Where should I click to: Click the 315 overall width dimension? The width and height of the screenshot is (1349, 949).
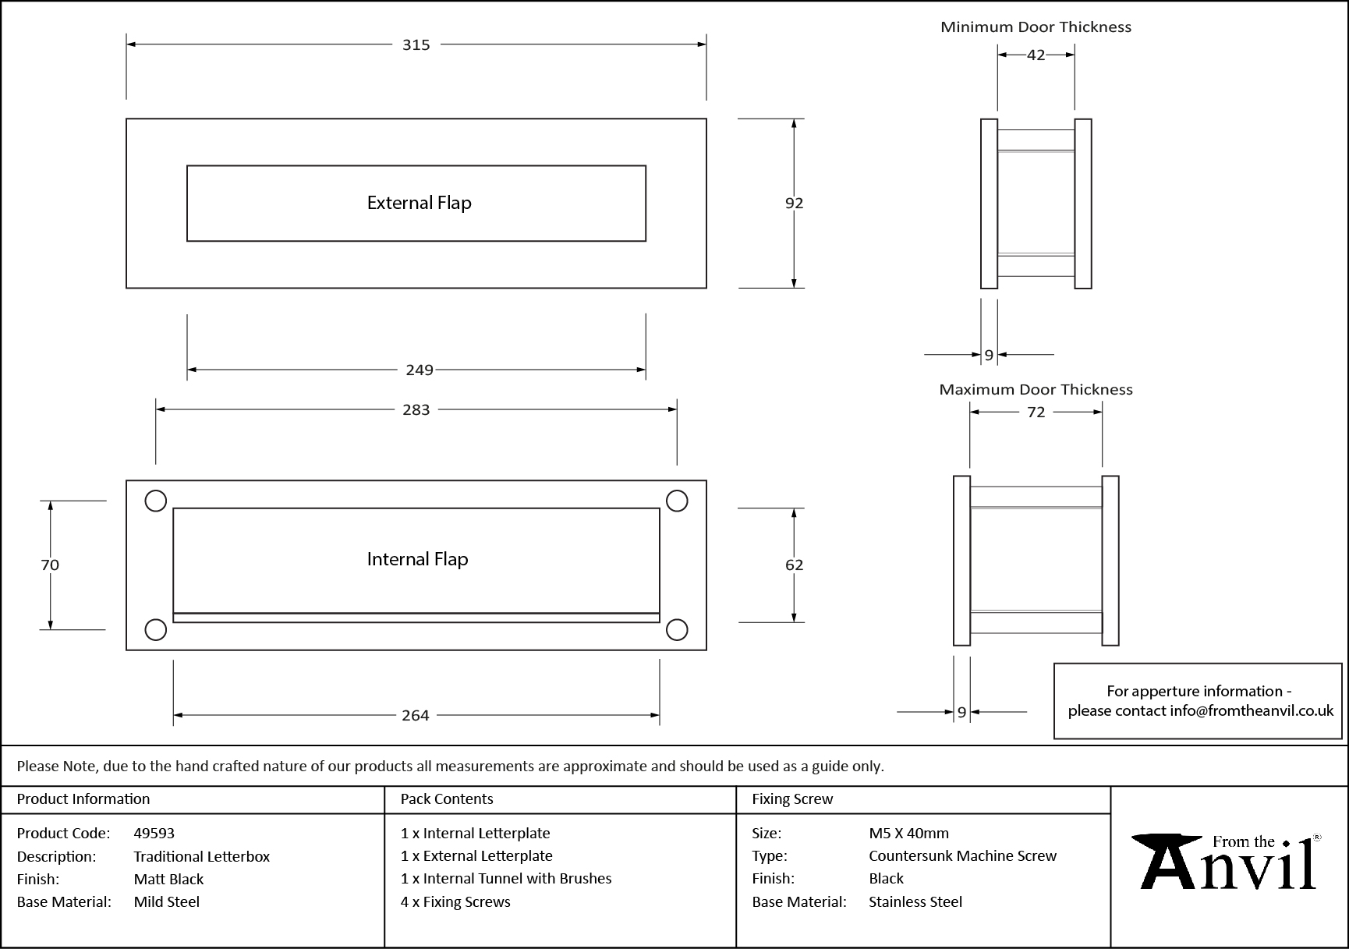click(x=416, y=45)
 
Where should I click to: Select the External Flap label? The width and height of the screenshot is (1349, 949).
click(x=419, y=203)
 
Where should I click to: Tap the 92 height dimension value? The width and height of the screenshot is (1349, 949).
click(x=794, y=203)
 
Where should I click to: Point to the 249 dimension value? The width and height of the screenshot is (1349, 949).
click(x=419, y=370)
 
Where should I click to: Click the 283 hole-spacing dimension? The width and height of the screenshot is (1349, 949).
click(x=416, y=409)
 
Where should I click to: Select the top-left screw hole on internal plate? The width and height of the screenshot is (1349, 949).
click(x=156, y=501)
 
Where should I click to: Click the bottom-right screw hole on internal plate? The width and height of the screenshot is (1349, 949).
click(x=677, y=629)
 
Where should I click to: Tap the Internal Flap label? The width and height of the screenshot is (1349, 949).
click(x=417, y=559)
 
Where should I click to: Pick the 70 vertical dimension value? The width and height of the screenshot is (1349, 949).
click(x=50, y=565)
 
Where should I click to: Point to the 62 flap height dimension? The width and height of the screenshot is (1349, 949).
click(x=794, y=565)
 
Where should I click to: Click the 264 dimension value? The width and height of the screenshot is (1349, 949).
click(x=415, y=715)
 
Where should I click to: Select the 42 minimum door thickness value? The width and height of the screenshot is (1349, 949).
click(x=1036, y=55)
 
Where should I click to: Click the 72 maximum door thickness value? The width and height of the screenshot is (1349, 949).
click(x=1036, y=412)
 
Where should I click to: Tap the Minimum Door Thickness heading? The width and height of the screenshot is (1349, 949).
click(x=1036, y=27)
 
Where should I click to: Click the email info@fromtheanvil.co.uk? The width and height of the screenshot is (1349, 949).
click(x=1251, y=710)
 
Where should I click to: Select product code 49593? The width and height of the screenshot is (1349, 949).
click(x=154, y=833)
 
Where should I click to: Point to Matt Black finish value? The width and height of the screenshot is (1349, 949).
click(x=168, y=879)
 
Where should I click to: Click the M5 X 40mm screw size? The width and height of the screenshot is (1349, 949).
click(x=908, y=833)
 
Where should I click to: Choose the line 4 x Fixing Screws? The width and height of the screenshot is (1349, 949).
click(x=455, y=901)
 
